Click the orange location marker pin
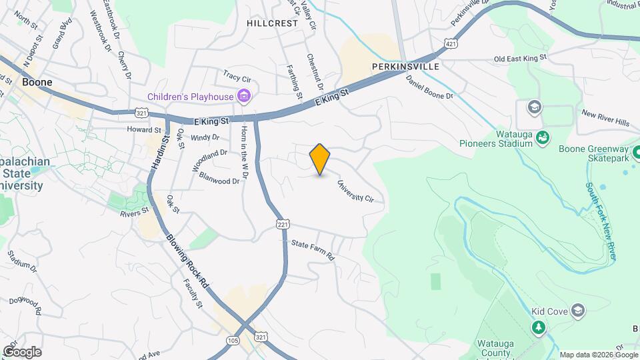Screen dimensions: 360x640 click(x=320, y=159)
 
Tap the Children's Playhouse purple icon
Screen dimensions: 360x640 click(x=244, y=97)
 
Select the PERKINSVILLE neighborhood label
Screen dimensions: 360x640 click(x=405, y=67)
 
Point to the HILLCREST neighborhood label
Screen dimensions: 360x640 click(x=272, y=23)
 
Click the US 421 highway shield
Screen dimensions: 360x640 click(x=452, y=43)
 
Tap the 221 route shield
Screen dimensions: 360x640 click(x=283, y=225)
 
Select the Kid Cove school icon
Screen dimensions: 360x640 click(x=577, y=311)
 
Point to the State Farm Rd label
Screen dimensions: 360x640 click(x=312, y=249)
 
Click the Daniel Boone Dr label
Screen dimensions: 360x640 click(x=429, y=87)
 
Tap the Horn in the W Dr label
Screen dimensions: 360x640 click(x=245, y=151)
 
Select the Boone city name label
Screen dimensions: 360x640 click(x=37, y=83)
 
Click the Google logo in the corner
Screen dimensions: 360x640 click(x=22, y=352)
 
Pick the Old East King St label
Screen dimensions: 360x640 click(x=520, y=59)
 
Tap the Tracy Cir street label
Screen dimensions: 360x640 click(x=236, y=76)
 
